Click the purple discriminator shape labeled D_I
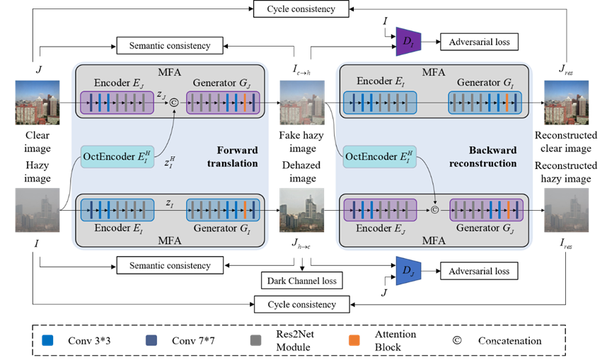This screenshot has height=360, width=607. tap(408, 42)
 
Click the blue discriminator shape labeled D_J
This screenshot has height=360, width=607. tap(408, 271)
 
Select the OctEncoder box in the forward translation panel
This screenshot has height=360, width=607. tap(117, 156)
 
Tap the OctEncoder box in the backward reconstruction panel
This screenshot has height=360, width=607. tap(378, 156)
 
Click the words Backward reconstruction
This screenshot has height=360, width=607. tap(492, 157)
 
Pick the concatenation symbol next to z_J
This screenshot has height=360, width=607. tap(173, 104)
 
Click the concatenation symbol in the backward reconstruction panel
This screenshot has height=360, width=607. tap(434, 210)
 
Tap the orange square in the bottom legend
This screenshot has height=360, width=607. tap(354, 340)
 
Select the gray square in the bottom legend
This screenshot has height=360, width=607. tap(255, 340)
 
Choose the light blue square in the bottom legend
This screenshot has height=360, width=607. tap(47, 340)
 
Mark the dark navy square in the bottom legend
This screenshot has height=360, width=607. tap(151, 340)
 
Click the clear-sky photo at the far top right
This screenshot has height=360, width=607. tap(566, 103)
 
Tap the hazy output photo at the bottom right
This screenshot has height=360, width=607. tap(566, 210)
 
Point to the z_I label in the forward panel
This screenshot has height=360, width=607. tap(170, 204)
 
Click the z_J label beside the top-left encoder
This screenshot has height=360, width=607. tap(162, 93)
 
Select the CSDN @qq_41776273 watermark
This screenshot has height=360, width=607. tap(535, 347)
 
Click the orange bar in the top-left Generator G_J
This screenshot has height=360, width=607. tap(244, 104)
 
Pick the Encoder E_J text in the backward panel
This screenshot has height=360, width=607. tap(383, 228)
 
